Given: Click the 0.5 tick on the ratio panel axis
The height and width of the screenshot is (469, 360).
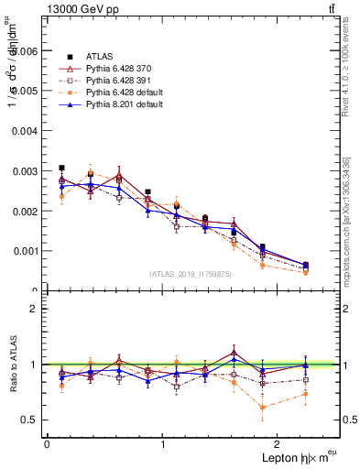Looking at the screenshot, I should point(31,420).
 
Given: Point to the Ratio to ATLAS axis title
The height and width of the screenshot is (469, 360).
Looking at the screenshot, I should point(11,364).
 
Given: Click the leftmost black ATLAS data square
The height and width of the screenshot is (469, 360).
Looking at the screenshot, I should point(61,169).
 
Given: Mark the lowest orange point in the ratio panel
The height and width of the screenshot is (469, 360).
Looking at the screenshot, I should point(263,408).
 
